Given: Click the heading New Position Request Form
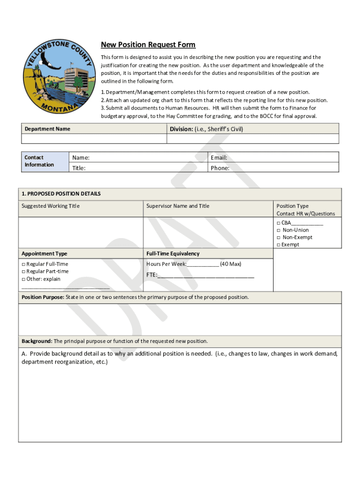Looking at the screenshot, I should [x=148, y=45].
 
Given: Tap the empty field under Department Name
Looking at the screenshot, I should [x=94, y=139].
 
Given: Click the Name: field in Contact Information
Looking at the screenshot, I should [x=138, y=158].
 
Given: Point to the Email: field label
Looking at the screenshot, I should [x=219, y=158].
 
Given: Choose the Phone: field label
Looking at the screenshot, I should [x=220, y=168].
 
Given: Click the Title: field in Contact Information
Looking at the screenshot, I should [x=138, y=168].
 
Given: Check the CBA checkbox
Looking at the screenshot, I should [x=278, y=223].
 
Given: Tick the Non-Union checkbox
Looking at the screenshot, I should [x=278, y=230].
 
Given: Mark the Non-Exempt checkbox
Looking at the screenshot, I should [x=278, y=238].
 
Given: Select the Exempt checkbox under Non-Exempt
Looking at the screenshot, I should [x=278, y=245].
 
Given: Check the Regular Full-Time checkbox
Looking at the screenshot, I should [x=23, y=264].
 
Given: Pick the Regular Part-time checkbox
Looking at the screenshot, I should [x=23, y=272].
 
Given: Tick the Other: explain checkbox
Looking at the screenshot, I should [x=23, y=279].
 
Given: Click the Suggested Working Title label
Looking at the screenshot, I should [x=50, y=206].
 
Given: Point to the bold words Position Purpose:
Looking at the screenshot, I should [x=43, y=298].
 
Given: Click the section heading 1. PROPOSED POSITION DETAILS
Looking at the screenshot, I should [x=61, y=194].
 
